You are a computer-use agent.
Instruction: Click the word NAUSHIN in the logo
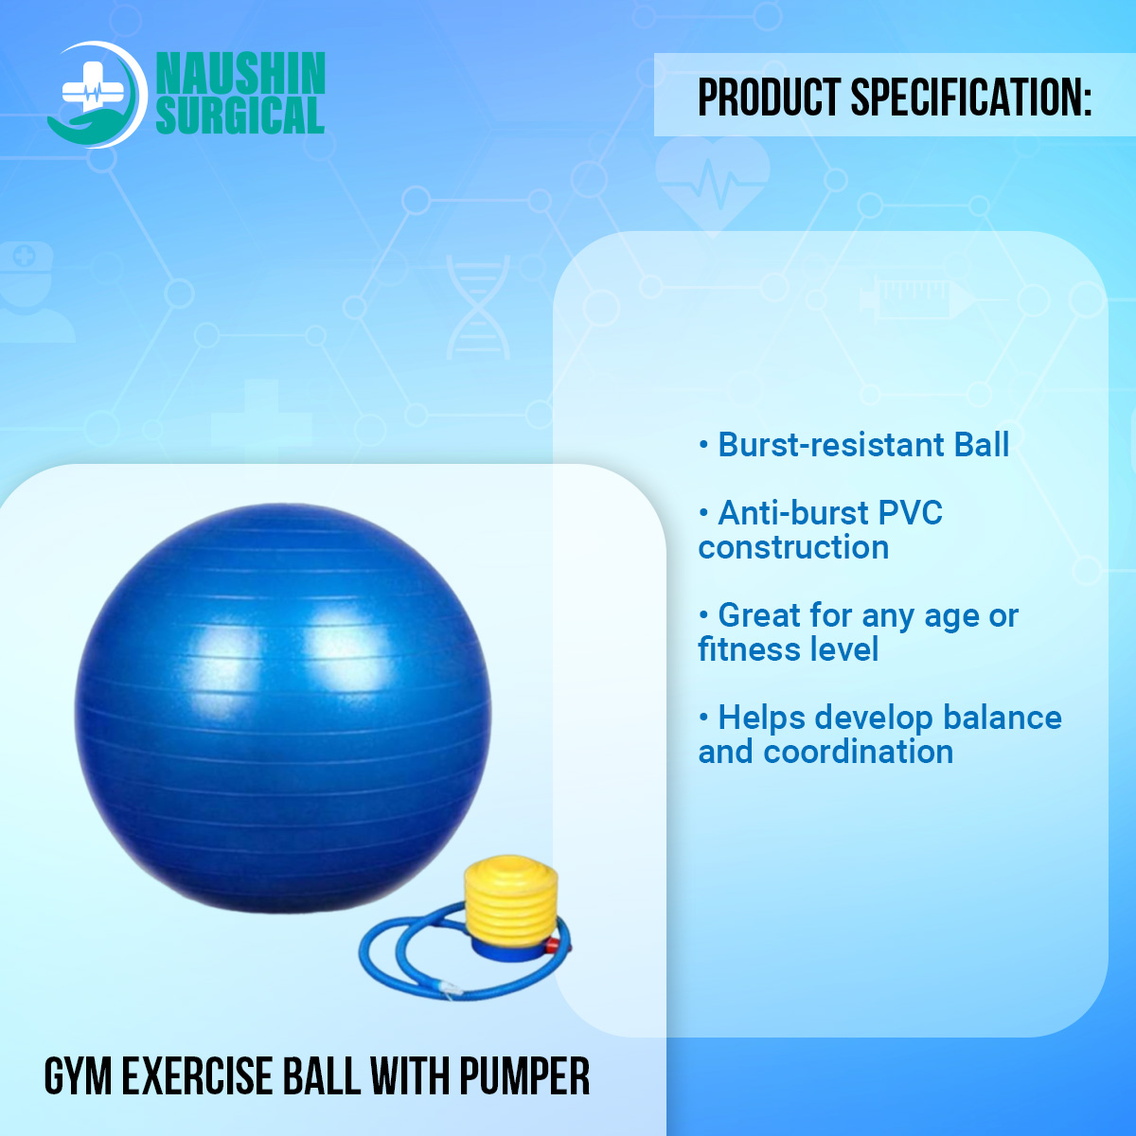(240, 74)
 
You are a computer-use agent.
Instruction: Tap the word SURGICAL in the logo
(240, 115)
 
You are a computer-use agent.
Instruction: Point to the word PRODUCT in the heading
(769, 98)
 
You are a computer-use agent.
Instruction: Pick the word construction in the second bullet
(793, 547)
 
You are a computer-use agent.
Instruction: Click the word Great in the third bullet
(759, 615)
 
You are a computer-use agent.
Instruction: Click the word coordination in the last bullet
(859, 752)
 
